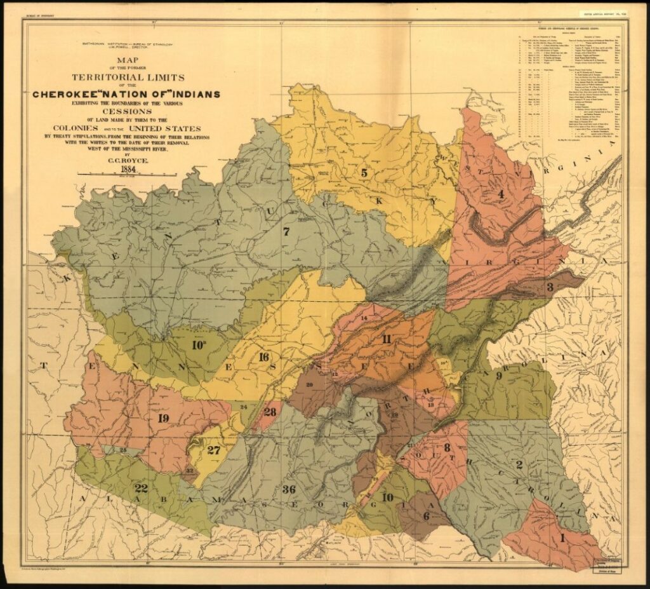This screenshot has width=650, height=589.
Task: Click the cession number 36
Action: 289,489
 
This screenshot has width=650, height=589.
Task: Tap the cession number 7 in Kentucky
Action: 286,232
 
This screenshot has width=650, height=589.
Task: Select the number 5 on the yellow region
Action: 364,172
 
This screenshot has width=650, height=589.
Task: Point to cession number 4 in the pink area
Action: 500,194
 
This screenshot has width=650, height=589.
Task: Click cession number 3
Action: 550,287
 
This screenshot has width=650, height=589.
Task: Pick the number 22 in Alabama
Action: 141,487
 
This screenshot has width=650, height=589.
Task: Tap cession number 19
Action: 162,417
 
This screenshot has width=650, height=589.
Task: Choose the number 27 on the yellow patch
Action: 214,450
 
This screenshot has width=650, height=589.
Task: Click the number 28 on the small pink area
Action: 269,412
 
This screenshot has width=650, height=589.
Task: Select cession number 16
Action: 263,356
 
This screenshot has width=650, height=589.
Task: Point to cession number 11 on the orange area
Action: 387,338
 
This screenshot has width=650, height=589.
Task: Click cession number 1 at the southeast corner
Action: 562,538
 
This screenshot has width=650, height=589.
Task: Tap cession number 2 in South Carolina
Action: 519,464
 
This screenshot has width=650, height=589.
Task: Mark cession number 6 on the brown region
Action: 426,516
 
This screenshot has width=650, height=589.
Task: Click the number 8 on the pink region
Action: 446,447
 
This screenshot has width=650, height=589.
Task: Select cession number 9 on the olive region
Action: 499,376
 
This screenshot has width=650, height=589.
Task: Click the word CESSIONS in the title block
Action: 127,107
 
